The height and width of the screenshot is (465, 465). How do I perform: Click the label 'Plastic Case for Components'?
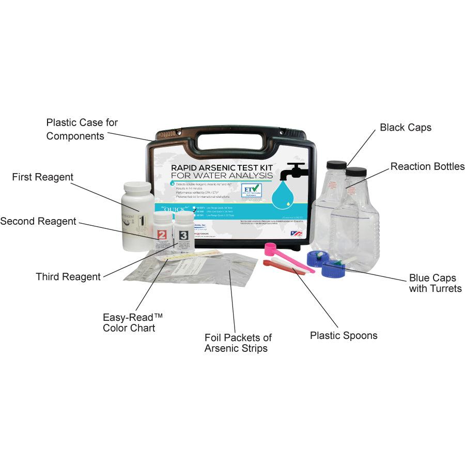(82, 129)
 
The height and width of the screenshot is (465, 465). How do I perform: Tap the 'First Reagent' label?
(43, 177)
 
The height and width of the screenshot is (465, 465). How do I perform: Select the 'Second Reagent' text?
(38, 221)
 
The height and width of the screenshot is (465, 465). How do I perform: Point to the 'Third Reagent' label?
(68, 277)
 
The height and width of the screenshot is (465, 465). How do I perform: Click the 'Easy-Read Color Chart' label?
(129, 322)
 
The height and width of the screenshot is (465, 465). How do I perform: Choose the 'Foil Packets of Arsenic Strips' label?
(238, 343)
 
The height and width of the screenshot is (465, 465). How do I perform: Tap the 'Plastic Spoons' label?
(344, 336)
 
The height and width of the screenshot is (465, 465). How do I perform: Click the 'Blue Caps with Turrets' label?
(435, 283)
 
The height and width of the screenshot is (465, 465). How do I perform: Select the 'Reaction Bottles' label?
(427, 166)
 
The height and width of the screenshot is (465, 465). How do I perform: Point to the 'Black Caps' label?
(406, 127)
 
